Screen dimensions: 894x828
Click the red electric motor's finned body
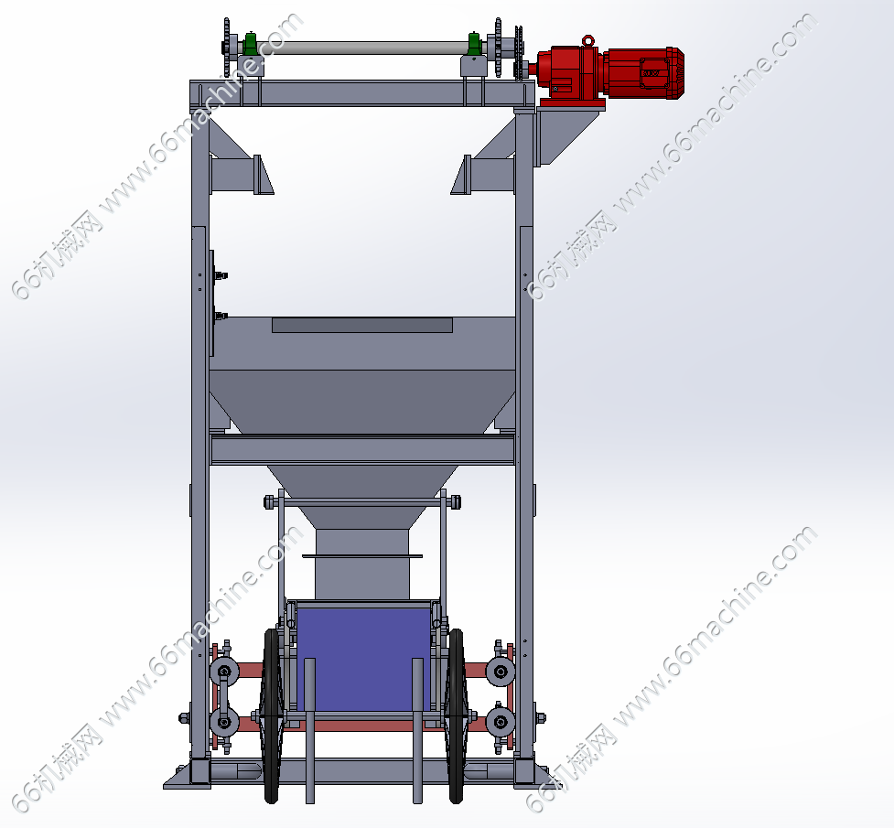click(644, 73)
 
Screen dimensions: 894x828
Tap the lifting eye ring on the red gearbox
click(587, 40)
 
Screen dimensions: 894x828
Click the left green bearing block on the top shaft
click(250, 44)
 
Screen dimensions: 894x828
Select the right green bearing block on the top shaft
click(474, 44)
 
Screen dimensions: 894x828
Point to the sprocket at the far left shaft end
click(227, 47)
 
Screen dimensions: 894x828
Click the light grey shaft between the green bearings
click(362, 48)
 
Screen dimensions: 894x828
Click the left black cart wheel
click(272, 715)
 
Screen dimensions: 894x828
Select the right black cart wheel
click(456, 715)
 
